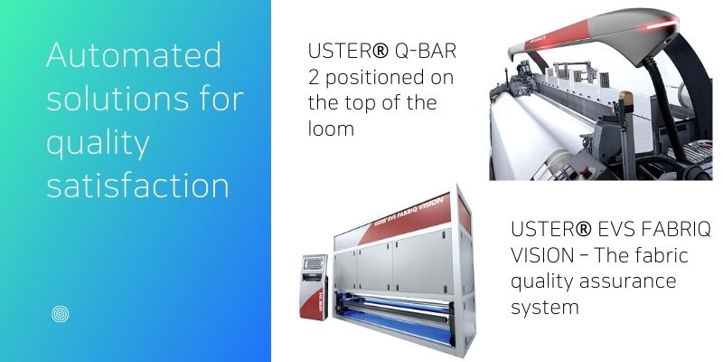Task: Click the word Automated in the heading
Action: (134, 55)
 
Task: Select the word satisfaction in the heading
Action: (137, 186)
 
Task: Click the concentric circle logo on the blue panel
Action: (61, 314)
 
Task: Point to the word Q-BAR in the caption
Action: (426, 51)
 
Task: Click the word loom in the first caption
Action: (331, 128)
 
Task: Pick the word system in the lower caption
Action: (545, 308)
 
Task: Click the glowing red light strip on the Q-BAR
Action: (662, 25)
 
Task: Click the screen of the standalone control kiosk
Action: (313, 263)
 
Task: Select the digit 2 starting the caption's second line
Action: (314, 77)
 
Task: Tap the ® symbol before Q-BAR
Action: (380, 51)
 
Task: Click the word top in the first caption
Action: (371, 102)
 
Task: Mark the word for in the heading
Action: (222, 98)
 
